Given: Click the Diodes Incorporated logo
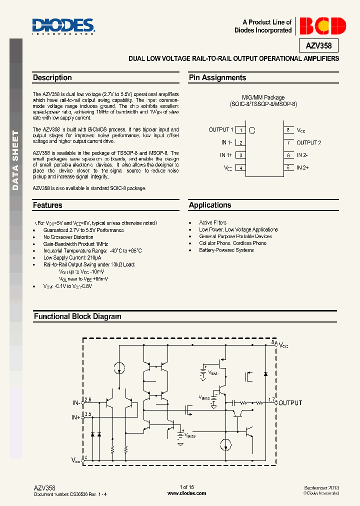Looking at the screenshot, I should coord(63,26).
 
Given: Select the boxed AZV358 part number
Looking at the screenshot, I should coord(322,46).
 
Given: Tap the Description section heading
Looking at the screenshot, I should coord(52,78).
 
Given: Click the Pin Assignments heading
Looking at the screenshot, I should coord(217,78).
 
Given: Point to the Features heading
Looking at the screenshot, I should coord(47,205).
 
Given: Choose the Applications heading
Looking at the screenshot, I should coord(210,205).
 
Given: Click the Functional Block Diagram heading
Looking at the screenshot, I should coord(77,316).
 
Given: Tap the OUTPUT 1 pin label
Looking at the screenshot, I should coord(220,130).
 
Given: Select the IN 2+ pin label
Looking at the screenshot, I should coord(302,167).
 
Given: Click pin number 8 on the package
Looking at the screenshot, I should coord(288,130).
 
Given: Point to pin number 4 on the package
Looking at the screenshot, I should coord(240,168).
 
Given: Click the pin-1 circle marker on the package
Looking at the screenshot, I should coord(252,130).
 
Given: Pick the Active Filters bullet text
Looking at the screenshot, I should coord(212,223).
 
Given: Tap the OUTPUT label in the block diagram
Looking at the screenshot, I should coord(290,403).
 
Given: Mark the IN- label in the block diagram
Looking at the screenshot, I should coord(76,402).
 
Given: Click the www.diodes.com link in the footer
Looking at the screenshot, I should coord(186,493).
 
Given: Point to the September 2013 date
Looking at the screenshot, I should coord(321,487).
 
